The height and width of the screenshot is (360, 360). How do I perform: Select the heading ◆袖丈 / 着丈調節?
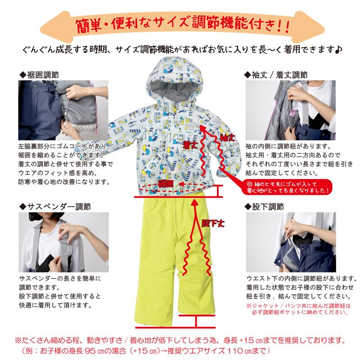(x=276, y=74)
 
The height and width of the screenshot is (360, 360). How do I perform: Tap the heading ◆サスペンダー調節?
(x=56, y=207)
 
